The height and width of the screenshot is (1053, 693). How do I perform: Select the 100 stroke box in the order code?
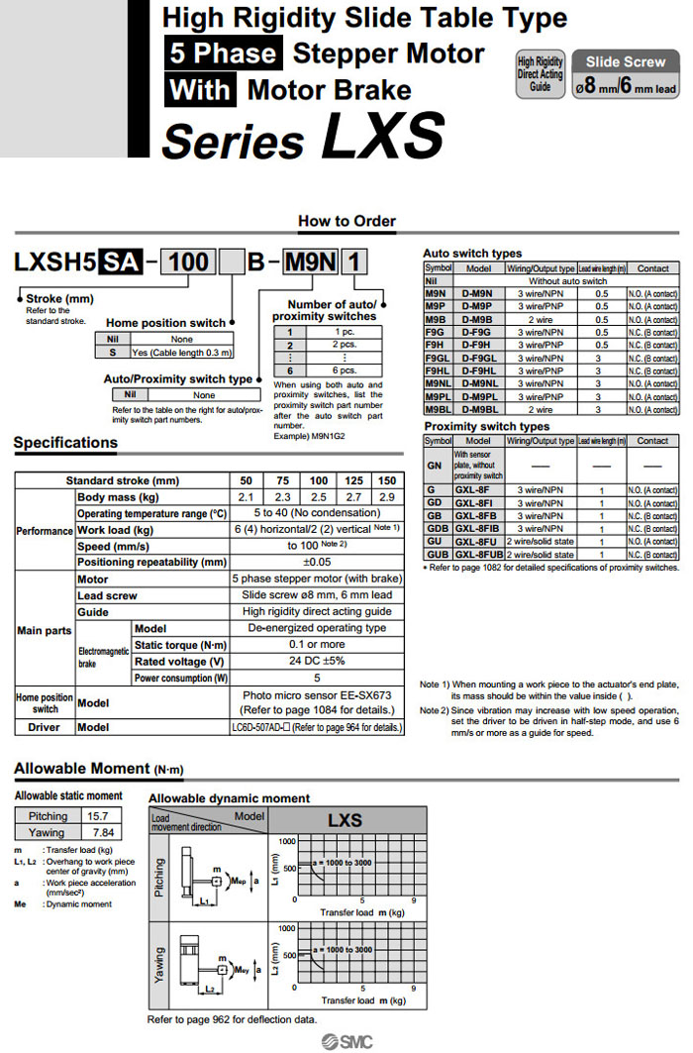[188, 263]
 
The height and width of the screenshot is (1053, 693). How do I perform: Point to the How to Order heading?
[346, 221]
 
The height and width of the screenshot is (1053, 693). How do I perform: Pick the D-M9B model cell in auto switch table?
[478, 319]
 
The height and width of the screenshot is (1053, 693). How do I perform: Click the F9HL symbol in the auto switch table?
[437, 370]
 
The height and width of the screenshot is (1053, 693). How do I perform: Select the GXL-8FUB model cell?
[478, 554]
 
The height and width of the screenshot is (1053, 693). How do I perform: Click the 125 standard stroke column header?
[351, 479]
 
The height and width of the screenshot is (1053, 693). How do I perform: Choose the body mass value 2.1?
[247, 496]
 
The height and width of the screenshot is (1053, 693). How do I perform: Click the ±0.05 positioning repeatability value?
[317, 562]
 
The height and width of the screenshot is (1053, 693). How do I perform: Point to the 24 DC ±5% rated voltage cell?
[317, 661]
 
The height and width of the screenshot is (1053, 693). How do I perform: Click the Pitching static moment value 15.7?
[98, 816]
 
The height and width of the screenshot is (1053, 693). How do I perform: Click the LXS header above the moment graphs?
[346, 820]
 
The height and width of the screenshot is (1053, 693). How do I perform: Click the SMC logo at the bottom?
[346, 1040]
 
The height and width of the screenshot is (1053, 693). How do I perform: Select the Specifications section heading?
[65, 443]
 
